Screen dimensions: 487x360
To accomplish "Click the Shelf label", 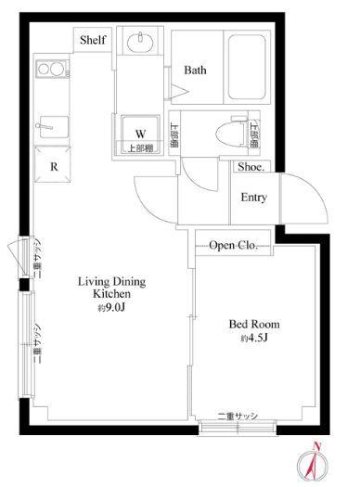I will [92, 41].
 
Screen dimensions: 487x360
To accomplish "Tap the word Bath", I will [194, 70].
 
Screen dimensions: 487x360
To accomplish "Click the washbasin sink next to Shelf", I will [145, 42].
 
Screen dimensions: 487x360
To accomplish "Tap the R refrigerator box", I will [56, 167].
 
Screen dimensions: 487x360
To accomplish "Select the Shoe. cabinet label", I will [252, 167].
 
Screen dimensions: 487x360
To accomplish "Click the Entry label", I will [254, 198].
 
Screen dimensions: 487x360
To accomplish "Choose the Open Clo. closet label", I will [233, 245].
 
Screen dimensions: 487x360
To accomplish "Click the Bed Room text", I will [254, 325].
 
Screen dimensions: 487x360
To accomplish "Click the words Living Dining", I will [110, 281].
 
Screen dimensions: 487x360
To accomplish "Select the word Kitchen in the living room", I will [110, 294].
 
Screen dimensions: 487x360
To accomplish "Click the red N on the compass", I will [317, 447].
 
